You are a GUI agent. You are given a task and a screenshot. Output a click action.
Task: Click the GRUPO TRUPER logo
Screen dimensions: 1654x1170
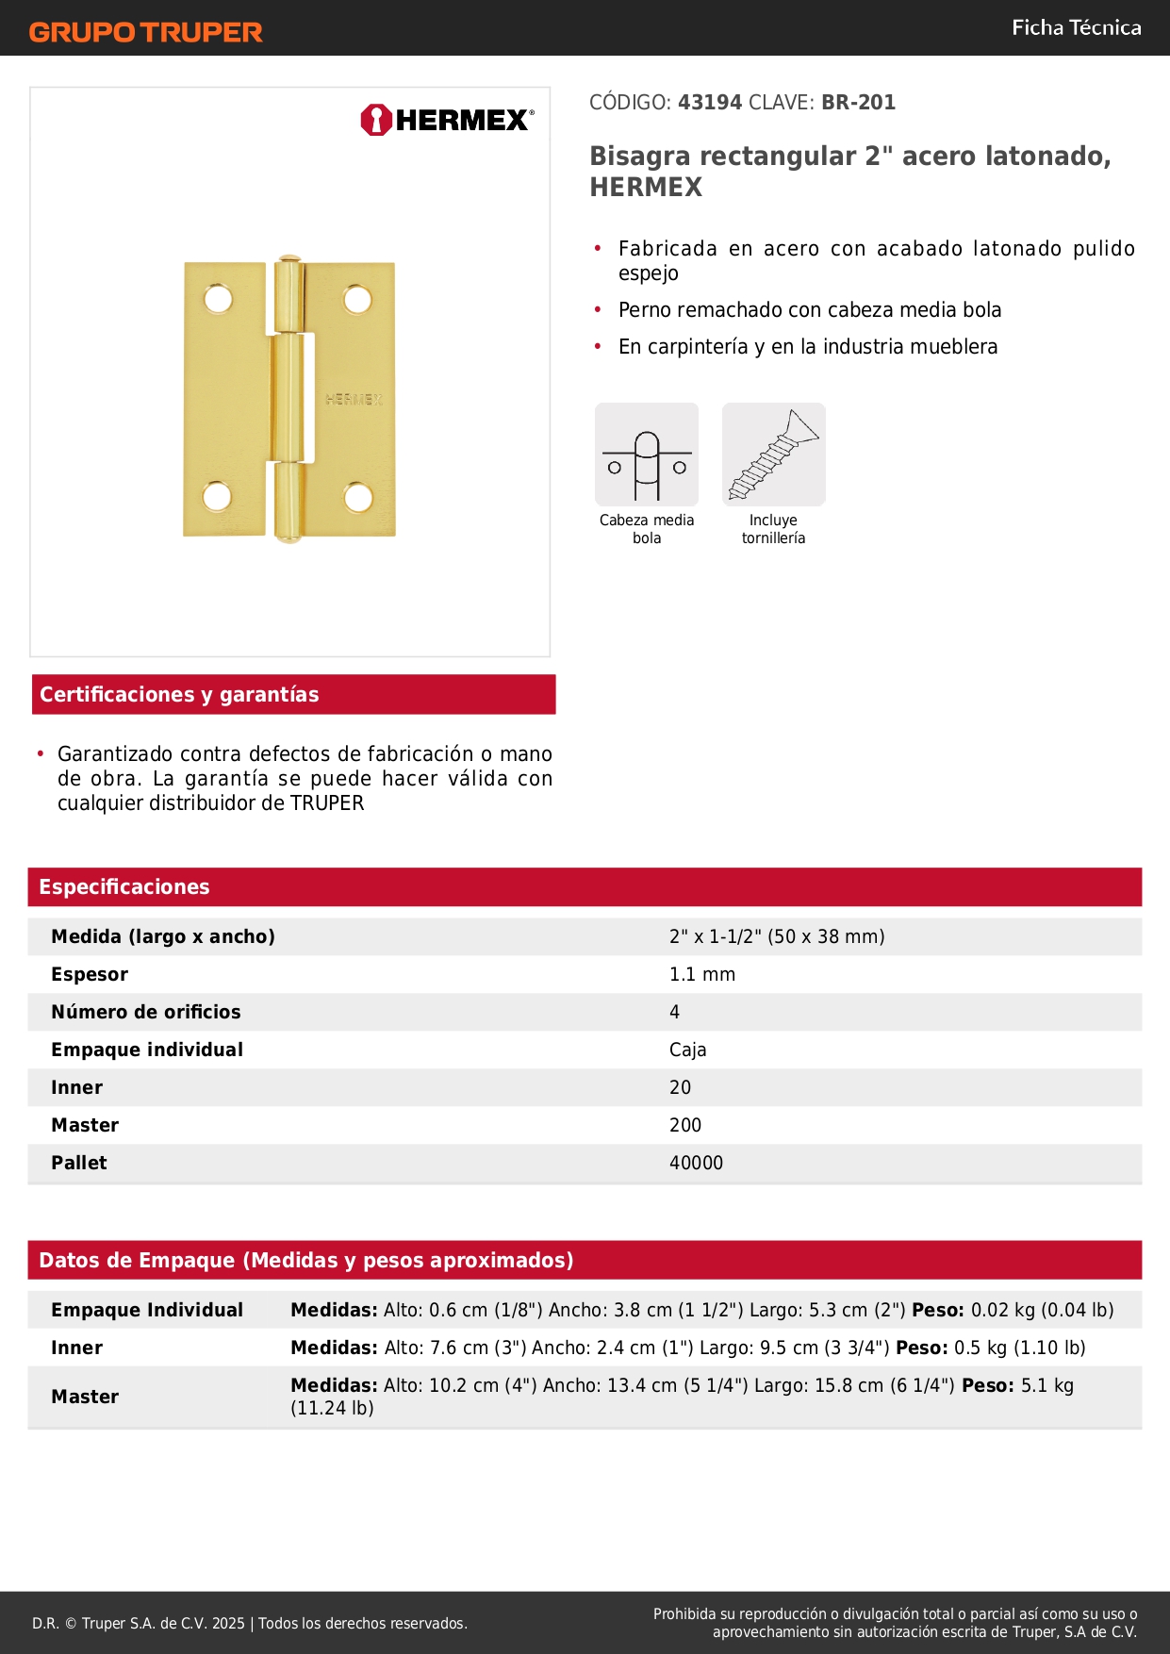pyautogui.click(x=145, y=32)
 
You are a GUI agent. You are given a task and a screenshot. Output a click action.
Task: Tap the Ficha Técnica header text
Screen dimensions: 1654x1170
pyautogui.click(x=1076, y=28)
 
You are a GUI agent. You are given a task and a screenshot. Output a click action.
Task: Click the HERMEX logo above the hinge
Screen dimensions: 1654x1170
pyautogui.click(x=447, y=121)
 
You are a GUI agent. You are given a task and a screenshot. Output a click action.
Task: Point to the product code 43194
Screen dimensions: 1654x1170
pyautogui.click(x=710, y=103)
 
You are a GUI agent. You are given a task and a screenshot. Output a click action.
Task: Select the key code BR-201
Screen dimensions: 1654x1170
pyautogui.click(x=858, y=103)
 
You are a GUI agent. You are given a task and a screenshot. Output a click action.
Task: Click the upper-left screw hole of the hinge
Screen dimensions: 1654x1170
pyautogui.click(x=218, y=300)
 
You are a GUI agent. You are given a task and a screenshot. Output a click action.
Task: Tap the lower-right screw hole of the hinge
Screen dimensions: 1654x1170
pyautogui.click(x=357, y=496)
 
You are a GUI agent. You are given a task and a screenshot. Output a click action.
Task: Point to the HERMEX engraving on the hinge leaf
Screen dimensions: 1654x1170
pyautogui.click(x=354, y=400)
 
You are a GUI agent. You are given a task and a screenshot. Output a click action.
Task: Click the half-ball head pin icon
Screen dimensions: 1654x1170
pyautogui.click(x=647, y=455)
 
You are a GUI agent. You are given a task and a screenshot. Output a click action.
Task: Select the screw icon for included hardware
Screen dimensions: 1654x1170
pyautogui.click(x=773, y=455)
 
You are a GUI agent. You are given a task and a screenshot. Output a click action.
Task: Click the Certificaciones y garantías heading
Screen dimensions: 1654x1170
pyautogui.click(x=179, y=695)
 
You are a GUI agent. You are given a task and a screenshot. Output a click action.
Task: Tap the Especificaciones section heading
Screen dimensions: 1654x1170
pyautogui.click(x=124, y=887)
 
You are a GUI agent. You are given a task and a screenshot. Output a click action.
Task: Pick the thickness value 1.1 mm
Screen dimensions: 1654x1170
pyautogui.click(x=702, y=975)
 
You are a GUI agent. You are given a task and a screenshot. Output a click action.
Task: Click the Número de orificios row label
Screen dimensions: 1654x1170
pyautogui.click(x=146, y=1013)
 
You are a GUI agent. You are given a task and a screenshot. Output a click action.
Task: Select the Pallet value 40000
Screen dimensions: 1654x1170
pyautogui.click(x=696, y=1164)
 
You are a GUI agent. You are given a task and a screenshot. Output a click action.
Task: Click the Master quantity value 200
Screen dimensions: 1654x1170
pyautogui.click(x=685, y=1126)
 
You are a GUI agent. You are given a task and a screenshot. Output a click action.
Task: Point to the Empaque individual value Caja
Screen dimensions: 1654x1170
pyautogui.click(x=687, y=1050)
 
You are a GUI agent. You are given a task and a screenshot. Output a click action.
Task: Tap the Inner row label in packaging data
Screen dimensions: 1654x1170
pyautogui.click(x=77, y=1348)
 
